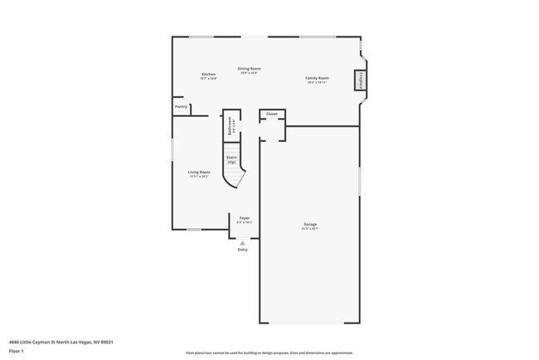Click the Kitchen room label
click(x=208, y=74)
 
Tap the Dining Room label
click(x=250, y=68)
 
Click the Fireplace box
click(x=361, y=80)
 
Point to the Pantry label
click(x=181, y=106)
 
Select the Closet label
click(x=271, y=114)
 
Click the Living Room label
click(x=199, y=172)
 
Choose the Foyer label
click(x=245, y=218)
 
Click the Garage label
click(x=310, y=224)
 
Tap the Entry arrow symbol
click(x=242, y=243)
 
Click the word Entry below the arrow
click(x=242, y=250)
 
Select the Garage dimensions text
click(x=310, y=229)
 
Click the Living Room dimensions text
click(x=199, y=177)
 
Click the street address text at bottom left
click(x=61, y=341)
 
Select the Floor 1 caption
click(x=17, y=351)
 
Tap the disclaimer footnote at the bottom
click(x=269, y=353)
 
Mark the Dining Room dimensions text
click(x=250, y=73)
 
